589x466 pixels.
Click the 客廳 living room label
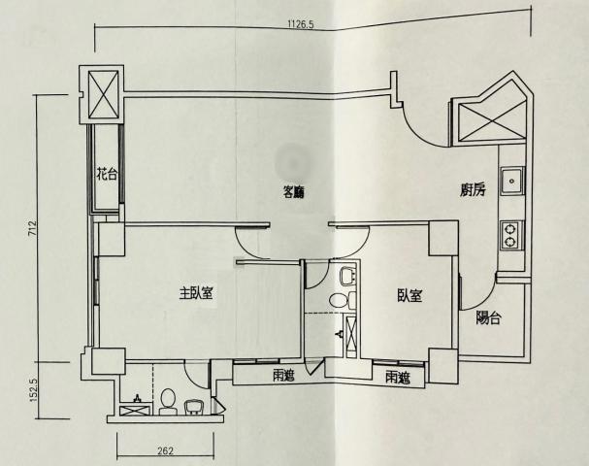point(293,192)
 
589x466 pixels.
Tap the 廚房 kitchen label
point(473,189)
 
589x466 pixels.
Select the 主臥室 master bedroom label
point(196,293)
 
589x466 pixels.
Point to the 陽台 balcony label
point(488,317)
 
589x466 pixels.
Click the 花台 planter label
point(107,175)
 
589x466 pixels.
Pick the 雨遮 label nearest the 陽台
point(398,378)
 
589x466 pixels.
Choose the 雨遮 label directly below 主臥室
point(284,375)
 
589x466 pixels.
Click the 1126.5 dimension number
point(301,25)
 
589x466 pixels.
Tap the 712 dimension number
point(33,228)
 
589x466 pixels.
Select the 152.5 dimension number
point(33,389)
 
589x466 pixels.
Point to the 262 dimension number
point(165,450)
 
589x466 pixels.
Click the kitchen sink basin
point(511,182)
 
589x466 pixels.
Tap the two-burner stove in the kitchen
point(510,235)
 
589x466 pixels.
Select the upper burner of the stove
point(510,228)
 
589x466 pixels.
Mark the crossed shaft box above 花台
point(103,95)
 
